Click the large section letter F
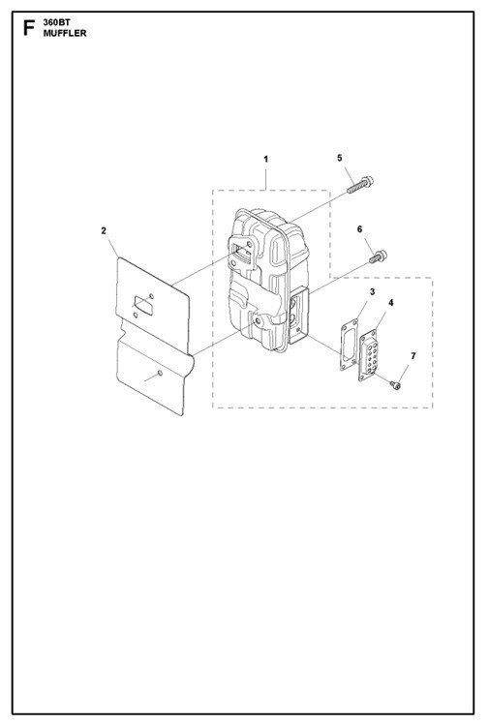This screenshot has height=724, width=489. coord(29,28)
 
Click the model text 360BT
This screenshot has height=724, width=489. coord(57,22)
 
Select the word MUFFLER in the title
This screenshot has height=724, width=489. coord(65,33)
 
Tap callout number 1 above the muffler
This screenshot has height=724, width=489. coord(265,160)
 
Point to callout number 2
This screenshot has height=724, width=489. coord(104,230)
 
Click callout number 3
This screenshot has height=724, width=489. coord(372,291)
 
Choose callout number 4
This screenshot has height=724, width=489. coord(390,303)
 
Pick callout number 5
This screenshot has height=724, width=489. coord(340,158)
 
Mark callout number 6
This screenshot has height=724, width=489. coord(359,229)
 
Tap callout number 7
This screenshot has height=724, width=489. coord(413,355)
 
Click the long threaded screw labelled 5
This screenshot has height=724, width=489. coord(360,186)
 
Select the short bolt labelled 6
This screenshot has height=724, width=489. coord(379,256)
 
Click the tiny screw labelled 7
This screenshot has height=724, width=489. coord(395,383)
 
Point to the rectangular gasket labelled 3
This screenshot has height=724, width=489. coord(349,345)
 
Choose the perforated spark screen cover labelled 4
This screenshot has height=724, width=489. coord(369,354)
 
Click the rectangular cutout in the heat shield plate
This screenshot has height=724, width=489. coord(142,306)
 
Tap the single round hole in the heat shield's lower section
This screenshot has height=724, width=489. coord(160,373)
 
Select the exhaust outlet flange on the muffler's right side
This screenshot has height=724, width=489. coord(298,315)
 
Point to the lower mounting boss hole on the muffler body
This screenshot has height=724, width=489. coord(257,320)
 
